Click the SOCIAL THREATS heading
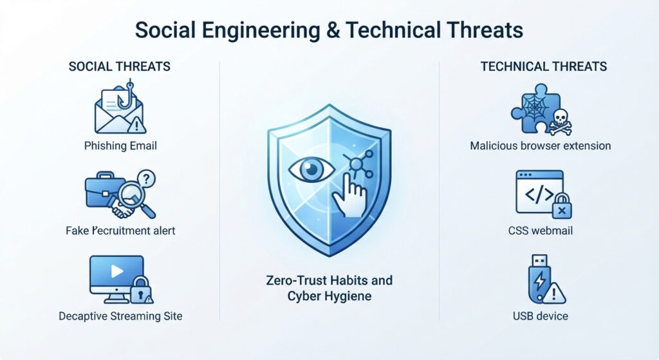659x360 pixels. point(119,66)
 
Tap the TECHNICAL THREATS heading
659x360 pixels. point(543,66)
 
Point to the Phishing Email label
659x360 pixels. point(120,146)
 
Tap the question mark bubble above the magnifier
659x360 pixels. point(146,179)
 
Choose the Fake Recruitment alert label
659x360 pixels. point(120,231)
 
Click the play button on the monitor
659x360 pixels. point(117,271)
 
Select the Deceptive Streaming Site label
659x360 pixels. point(120,316)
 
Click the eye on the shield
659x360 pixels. point(311,169)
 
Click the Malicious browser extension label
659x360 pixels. point(540,146)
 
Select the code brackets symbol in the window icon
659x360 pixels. point(539,194)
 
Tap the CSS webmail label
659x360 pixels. point(540,231)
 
